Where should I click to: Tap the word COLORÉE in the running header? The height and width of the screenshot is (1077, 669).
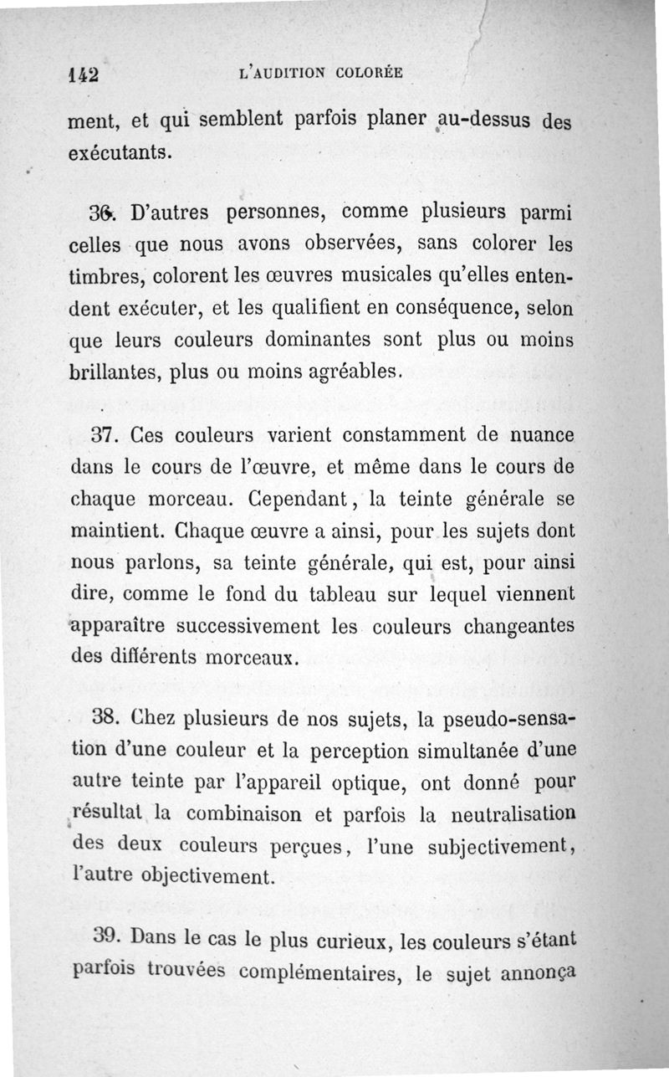click(370, 73)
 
